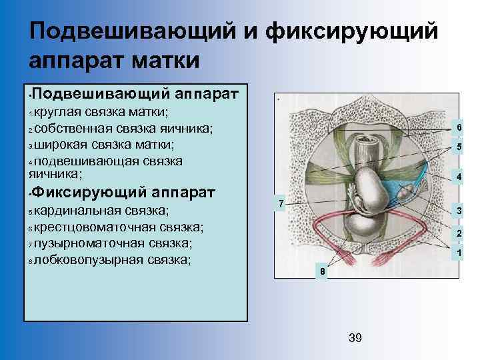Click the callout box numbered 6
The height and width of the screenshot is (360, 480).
point(458,128)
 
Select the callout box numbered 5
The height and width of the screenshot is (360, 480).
point(458,147)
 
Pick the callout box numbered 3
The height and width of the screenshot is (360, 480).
point(458,211)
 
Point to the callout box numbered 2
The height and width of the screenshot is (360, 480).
point(458,233)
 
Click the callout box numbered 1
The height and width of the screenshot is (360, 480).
point(458,253)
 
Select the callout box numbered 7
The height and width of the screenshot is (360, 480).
point(281,202)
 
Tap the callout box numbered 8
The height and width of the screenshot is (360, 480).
point(322,272)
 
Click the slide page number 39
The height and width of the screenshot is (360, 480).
point(355,339)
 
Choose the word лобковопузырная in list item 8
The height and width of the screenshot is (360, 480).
point(85,259)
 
